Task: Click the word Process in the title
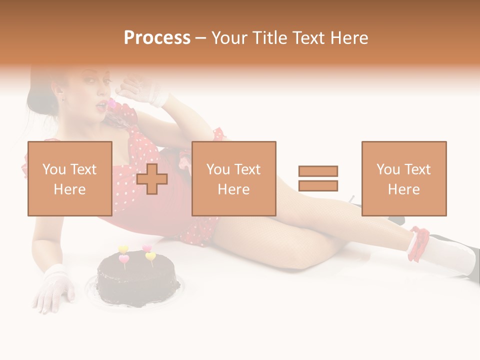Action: coord(157,38)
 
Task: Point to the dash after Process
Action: coord(201,38)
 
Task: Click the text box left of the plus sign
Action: coord(69,178)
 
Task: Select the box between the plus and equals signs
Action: coord(233,178)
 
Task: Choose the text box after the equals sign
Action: coord(403,178)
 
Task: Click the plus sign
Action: coord(152,178)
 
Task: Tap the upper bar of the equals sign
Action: coord(318,171)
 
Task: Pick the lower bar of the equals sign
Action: coord(318,185)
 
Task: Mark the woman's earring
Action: coord(63,97)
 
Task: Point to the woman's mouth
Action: coord(102,103)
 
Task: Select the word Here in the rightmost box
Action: coord(403,189)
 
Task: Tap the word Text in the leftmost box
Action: coord(83,169)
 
